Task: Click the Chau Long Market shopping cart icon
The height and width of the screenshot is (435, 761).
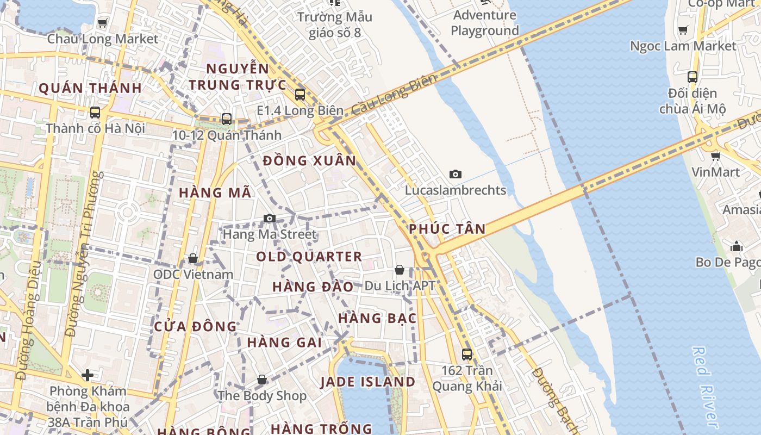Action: tap(102, 23)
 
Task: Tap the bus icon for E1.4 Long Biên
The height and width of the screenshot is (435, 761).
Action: tap(300, 95)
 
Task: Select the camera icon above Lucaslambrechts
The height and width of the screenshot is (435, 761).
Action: tap(456, 174)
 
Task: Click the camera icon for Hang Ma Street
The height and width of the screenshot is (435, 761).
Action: tap(269, 219)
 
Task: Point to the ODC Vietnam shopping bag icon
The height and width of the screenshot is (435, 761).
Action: tap(192, 258)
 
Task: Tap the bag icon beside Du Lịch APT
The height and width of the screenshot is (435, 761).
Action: tap(400, 270)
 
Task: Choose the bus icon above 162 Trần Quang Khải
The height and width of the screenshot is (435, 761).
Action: tap(466, 355)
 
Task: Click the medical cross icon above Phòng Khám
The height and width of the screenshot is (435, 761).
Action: tap(88, 375)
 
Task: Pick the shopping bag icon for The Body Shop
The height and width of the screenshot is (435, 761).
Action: tap(262, 380)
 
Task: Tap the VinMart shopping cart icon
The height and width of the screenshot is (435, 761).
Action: tap(715, 156)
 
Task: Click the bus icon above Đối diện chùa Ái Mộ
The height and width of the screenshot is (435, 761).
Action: tap(692, 77)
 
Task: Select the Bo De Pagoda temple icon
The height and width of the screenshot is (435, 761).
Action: tap(737, 247)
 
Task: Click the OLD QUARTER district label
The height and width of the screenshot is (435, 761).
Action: tap(309, 257)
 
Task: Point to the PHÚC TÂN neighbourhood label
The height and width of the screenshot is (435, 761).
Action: tap(447, 229)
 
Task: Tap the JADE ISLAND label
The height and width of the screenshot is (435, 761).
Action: tap(368, 382)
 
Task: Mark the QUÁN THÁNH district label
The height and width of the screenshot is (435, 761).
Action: tap(90, 88)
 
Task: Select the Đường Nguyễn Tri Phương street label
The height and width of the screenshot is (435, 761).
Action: tap(84, 254)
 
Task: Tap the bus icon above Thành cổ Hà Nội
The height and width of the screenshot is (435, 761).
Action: tap(95, 113)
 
